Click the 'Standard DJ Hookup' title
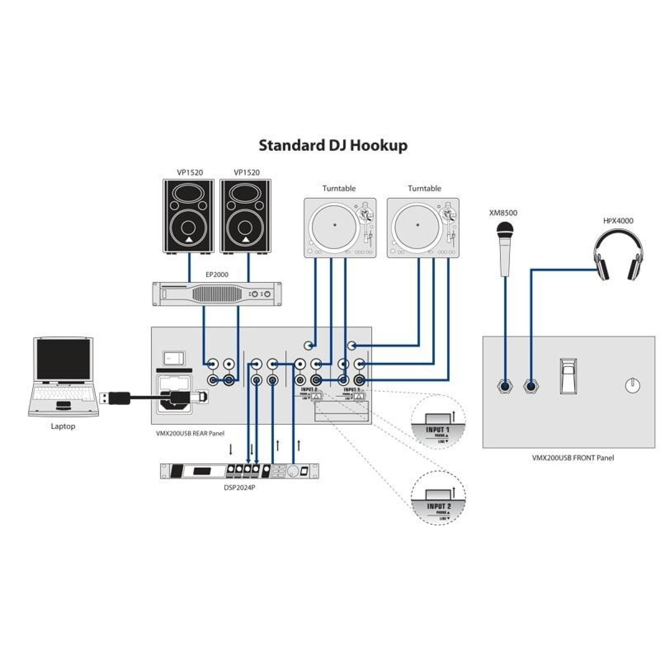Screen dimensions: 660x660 point(333,146)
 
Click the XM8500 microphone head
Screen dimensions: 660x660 point(505,229)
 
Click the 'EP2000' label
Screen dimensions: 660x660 point(217,274)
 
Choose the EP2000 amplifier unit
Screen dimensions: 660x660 point(217,294)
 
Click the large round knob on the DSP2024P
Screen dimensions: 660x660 point(293,471)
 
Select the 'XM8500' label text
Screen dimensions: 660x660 point(503,213)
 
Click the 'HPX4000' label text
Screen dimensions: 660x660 point(618,221)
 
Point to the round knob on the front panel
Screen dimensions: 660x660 point(632,386)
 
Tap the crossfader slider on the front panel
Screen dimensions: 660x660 point(569,376)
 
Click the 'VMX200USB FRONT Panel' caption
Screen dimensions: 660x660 point(573,458)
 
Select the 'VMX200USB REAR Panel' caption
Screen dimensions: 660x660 point(190,434)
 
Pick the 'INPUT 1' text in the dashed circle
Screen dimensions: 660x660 point(437,430)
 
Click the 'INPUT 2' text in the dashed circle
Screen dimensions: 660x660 point(439,506)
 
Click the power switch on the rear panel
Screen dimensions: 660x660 point(174,359)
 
